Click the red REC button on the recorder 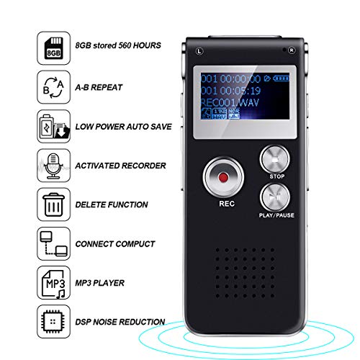pyautogui.click(x=223, y=176)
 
